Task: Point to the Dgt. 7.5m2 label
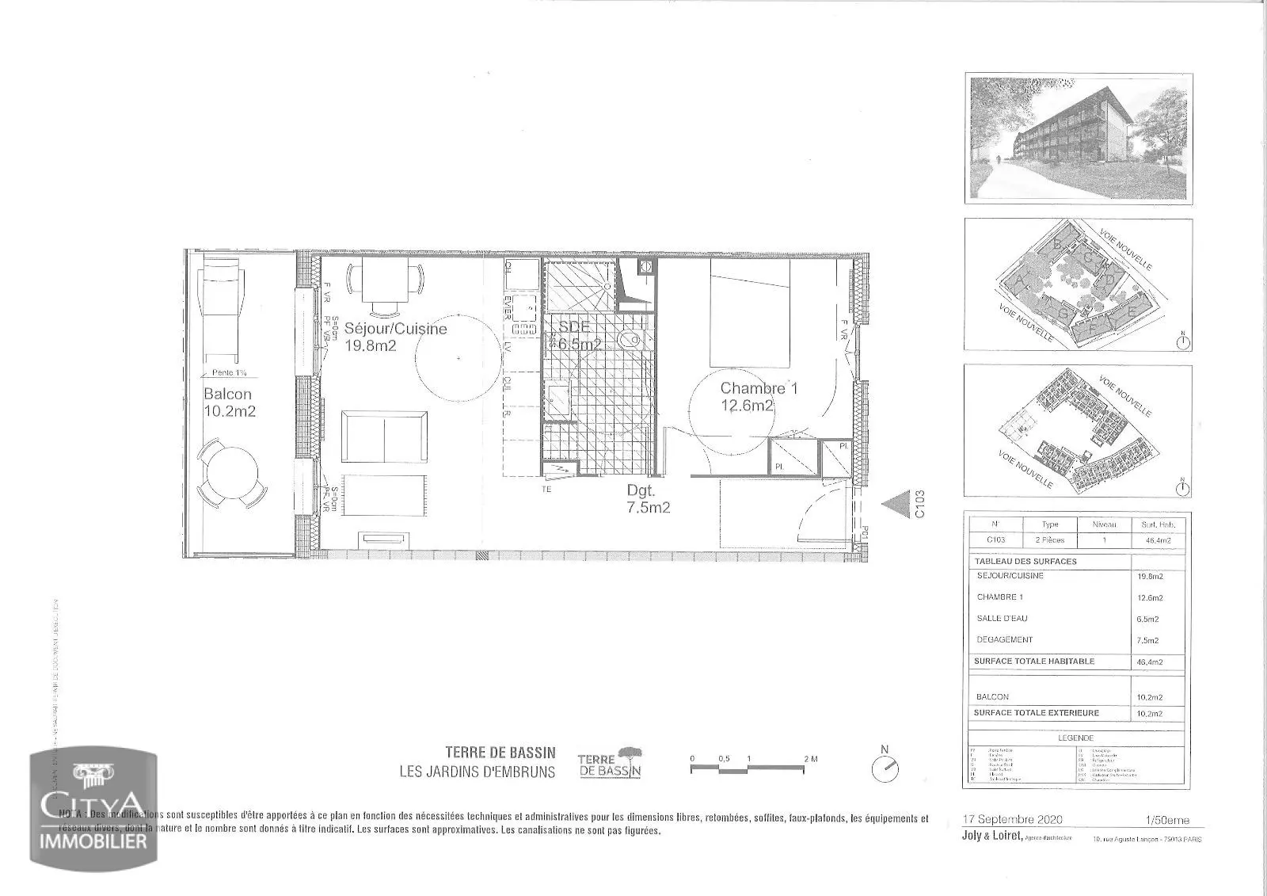coord(648,500)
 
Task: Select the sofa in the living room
coord(385,437)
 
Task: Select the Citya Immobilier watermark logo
coord(93,809)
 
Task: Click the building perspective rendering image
coord(1079,137)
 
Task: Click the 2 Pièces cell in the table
coord(1051,540)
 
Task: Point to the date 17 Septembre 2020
coord(1013,819)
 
